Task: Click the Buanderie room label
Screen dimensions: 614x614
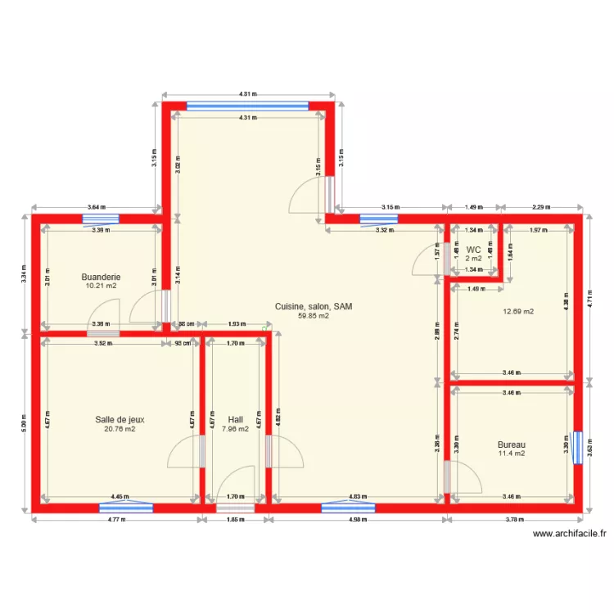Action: pos(102,277)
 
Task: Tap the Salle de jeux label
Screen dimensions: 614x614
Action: pos(120,419)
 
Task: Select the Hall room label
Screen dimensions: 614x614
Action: pos(236,419)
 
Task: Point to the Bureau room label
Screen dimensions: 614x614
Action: pos(512,445)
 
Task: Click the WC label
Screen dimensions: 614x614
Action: pos(473,250)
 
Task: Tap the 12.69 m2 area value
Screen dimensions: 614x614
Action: pos(517,311)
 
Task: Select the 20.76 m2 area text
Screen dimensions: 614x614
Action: pos(120,428)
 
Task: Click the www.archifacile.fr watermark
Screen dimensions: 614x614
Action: pos(570,534)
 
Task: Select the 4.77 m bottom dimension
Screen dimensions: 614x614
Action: pos(117,519)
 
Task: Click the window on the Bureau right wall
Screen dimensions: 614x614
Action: pos(578,446)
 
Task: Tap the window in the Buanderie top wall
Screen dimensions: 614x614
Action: pos(101,219)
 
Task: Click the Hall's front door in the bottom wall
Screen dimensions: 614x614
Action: pos(235,508)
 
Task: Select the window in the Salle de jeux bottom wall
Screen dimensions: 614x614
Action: pos(126,508)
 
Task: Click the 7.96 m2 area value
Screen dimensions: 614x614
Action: pos(236,428)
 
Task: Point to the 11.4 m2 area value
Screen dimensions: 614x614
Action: pos(512,454)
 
